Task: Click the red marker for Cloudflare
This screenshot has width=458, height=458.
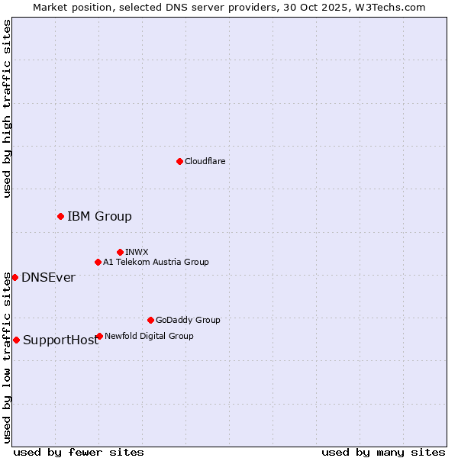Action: [179, 161]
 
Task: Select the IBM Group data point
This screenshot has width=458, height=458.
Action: [60, 216]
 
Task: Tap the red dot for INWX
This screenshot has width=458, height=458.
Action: [120, 252]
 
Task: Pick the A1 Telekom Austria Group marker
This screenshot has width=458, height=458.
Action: [98, 262]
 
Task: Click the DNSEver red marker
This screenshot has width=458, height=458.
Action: [15, 277]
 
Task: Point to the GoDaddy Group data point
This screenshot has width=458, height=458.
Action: [150, 320]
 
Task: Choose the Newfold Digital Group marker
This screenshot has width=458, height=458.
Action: [99, 336]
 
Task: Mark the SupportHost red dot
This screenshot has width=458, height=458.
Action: [16, 340]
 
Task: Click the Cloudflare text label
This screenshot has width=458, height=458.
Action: [205, 161]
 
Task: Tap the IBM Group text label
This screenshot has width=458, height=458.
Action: [99, 216]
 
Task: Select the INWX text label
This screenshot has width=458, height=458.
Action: [137, 252]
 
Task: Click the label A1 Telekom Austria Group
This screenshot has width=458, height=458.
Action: [156, 262]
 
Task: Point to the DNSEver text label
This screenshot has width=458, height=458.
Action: [48, 277]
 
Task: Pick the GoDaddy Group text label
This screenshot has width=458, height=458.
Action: [188, 320]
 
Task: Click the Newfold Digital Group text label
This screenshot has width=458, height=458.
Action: [149, 336]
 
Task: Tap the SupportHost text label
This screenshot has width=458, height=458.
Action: [61, 340]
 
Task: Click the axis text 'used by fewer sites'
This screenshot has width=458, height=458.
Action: [79, 452]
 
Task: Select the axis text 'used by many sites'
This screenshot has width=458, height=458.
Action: [383, 452]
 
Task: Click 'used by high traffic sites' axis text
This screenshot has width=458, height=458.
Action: [7, 108]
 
